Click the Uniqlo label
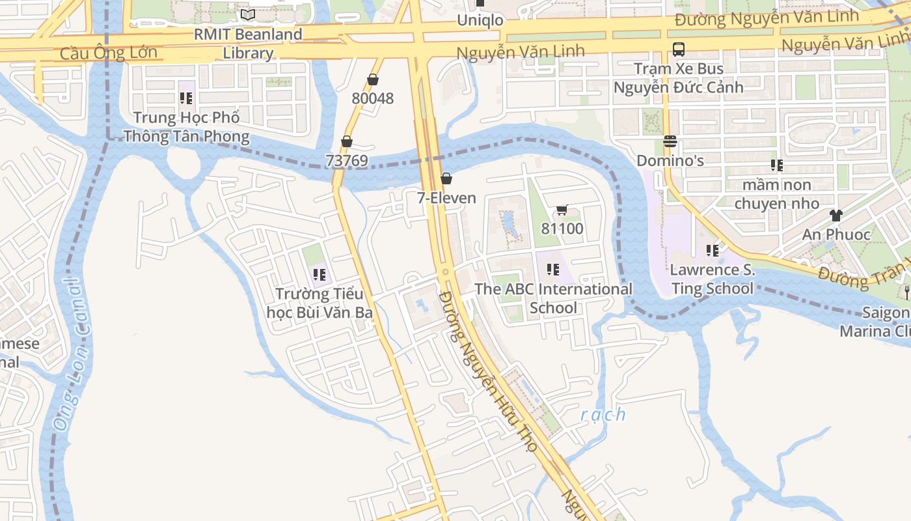click(x=480, y=20)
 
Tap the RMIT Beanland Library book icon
click(x=248, y=14)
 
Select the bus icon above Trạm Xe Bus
click(x=679, y=49)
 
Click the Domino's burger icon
click(x=670, y=141)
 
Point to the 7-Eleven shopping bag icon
click(x=446, y=178)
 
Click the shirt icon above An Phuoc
click(x=836, y=216)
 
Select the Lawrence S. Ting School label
click(x=713, y=279)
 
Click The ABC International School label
click(x=553, y=298)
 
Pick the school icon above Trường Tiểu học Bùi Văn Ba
click(x=319, y=275)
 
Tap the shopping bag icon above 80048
click(x=373, y=79)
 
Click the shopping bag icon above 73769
click(x=347, y=141)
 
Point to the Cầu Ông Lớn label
click(x=109, y=53)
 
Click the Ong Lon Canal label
click(x=71, y=355)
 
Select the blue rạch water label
click(x=603, y=414)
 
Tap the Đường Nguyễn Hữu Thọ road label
click(x=488, y=371)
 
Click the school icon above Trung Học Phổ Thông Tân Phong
click(x=186, y=98)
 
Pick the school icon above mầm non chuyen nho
click(x=776, y=165)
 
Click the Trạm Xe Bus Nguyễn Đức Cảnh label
click(x=679, y=77)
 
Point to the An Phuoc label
click(x=836, y=234)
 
